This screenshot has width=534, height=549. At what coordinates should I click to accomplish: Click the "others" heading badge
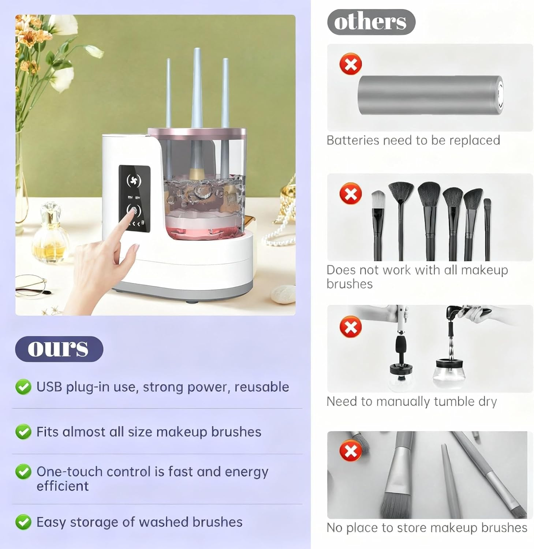371,22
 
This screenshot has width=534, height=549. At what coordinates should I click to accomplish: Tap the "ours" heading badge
59,348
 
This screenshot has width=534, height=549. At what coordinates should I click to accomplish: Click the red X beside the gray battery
350,64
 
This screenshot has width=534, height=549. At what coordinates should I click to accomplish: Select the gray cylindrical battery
430,95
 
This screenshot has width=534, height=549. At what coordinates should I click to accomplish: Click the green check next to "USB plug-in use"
23,387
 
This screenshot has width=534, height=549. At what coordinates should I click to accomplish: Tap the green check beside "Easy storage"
23,522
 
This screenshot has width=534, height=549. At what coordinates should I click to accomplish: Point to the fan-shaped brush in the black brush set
401,194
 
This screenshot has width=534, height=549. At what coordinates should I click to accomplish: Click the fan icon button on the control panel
134,180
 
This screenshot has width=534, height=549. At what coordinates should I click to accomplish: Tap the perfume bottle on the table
51,234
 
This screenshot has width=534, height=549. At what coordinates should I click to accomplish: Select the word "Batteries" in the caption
352,141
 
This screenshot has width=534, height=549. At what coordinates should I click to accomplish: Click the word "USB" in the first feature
49,387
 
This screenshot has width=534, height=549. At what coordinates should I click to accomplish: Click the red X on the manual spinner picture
350,327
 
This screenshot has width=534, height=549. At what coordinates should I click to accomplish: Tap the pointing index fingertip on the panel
134,212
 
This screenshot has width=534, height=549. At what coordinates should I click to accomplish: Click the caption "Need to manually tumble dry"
411,402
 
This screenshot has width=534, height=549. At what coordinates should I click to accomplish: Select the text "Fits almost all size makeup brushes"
149,432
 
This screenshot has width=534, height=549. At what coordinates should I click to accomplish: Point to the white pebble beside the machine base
283,294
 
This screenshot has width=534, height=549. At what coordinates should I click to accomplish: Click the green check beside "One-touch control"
23,472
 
